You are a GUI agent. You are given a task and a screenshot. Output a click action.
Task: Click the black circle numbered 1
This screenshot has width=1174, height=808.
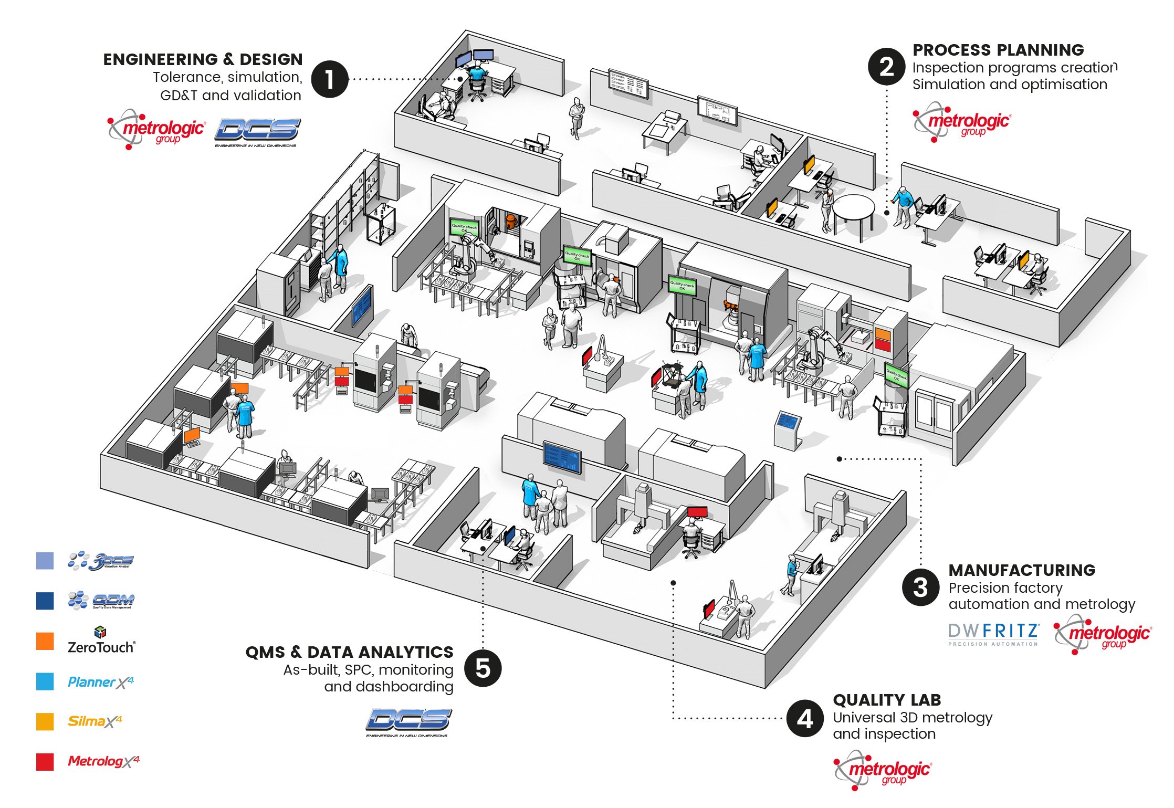pos(330,79)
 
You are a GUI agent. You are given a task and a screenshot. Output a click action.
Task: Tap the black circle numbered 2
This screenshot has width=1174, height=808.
pos(886,67)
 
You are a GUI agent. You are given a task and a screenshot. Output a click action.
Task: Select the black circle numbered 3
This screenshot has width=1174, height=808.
pos(920,587)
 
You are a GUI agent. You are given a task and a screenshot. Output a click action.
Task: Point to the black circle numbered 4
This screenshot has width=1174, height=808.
pos(805,718)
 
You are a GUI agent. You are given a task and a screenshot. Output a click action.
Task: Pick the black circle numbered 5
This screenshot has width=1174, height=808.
pos(483,668)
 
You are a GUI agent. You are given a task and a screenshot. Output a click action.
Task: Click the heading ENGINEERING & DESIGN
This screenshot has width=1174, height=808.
pos(203,59)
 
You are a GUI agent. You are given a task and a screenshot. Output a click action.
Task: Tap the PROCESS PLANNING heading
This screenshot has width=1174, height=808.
pos(998,50)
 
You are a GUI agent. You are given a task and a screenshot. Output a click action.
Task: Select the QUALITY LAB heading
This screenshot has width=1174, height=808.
pos(887,700)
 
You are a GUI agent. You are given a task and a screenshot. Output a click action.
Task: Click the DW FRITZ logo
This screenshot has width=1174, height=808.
pos(993,634)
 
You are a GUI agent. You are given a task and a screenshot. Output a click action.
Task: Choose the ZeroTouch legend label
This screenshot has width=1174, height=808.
pos(101,646)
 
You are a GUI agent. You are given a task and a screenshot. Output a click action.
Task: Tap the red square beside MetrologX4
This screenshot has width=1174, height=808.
pos(45,762)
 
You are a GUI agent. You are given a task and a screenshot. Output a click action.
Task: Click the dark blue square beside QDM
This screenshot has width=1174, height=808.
pos(45,601)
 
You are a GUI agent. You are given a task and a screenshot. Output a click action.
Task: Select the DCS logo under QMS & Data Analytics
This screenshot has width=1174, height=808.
pos(408,722)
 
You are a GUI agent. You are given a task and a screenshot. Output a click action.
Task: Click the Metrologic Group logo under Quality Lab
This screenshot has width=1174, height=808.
pos(883,770)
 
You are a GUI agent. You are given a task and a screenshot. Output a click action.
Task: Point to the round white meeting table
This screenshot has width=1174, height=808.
pos(853,211)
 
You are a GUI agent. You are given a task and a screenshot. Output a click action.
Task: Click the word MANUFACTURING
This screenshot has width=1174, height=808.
pos(1022,570)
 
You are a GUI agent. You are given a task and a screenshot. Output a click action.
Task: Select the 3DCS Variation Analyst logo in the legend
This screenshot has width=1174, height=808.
pos(101,561)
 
